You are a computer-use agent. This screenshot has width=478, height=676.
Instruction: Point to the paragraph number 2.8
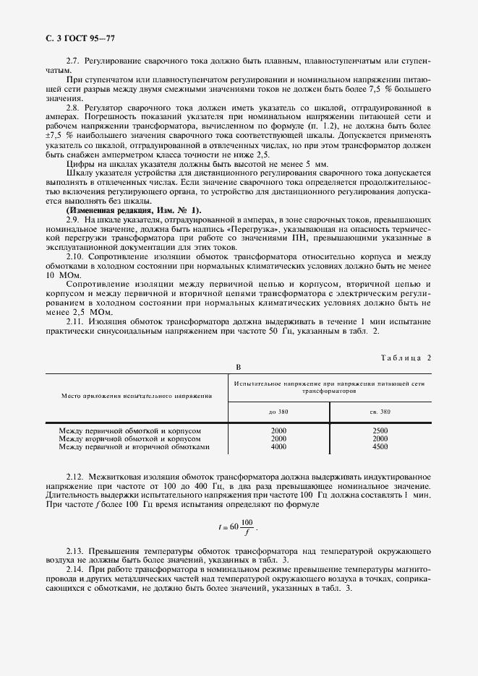[x=73, y=106]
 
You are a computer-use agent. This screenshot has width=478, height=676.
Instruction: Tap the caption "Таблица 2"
[x=406, y=357]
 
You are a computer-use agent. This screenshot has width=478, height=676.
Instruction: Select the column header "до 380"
[x=278, y=412]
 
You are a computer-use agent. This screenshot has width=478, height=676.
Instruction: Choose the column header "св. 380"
[x=380, y=412]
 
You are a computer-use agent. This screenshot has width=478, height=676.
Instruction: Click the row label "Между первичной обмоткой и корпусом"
[x=129, y=430]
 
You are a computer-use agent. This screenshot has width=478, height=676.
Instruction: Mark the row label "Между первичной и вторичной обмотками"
[x=134, y=447]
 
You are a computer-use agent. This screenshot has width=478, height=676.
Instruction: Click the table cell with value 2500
[x=380, y=430]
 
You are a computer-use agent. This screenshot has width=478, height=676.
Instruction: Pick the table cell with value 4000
[x=278, y=447]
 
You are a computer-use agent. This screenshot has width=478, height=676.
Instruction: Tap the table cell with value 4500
[x=380, y=447]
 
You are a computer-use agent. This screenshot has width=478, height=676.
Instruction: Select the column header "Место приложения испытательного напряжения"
[x=137, y=396]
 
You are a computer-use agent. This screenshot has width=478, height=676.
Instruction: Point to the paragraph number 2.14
[x=75, y=570]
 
